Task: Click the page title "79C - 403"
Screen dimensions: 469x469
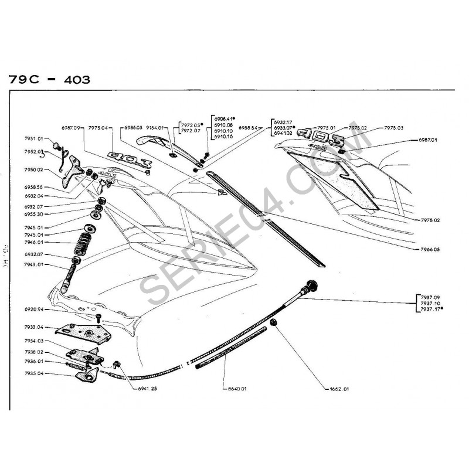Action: [50, 79]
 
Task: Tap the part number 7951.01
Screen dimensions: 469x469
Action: [33, 139]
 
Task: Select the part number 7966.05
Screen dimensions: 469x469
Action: [430, 249]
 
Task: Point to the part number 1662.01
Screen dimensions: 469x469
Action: [338, 389]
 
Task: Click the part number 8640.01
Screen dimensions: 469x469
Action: [235, 389]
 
